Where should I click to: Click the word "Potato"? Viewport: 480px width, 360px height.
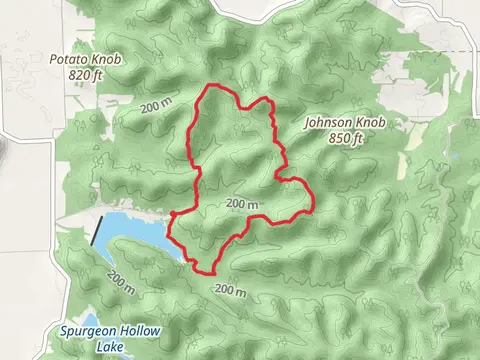pyautogui.click(x=68, y=60)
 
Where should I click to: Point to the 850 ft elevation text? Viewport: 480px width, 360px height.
pyautogui.click(x=347, y=138)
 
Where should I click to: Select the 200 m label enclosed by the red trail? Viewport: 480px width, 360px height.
pyautogui.click(x=243, y=203)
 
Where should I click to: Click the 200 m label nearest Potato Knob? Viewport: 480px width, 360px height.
pyautogui.click(x=157, y=108)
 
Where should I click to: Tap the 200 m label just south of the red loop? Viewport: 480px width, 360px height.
pyautogui.click(x=229, y=291)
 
